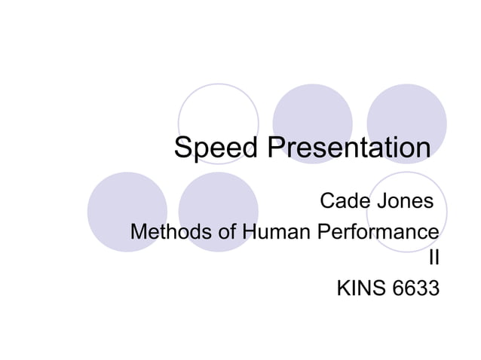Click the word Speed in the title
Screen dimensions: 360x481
[x=216, y=148]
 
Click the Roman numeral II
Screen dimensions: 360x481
[x=433, y=259]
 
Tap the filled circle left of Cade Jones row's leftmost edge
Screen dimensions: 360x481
[x=127, y=212]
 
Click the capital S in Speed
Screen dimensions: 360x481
[x=183, y=148]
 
